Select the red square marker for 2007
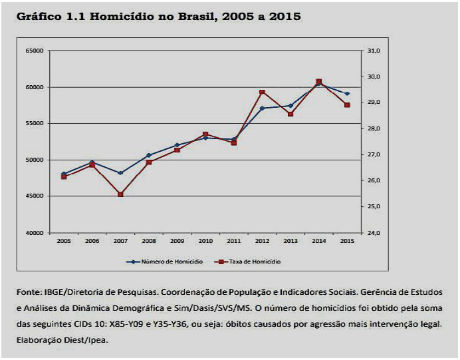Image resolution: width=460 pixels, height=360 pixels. pos(120,194)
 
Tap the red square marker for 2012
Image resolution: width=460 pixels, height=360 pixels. pos(262,92)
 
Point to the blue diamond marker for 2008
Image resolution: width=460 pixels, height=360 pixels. pos(149,155)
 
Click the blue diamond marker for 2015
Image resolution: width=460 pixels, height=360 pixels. pos(347,94)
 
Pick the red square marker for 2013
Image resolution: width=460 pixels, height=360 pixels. pos(290,114)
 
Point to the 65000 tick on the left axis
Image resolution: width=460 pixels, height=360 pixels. pos(35,51)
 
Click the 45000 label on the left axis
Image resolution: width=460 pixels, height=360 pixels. pos(35,196)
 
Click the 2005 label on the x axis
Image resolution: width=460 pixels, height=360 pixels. pos(64,241)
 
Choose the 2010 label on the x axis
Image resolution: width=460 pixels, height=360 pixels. pos(205,241)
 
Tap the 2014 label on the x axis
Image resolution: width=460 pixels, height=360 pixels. pos(318,241)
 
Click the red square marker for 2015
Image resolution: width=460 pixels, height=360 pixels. pos(347,105)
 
